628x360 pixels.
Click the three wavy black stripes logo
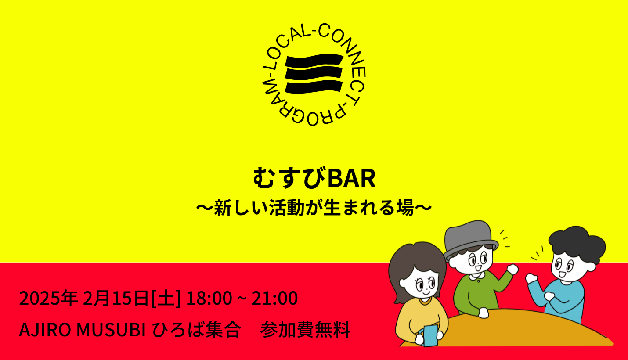314,74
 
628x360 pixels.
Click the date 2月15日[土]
132,299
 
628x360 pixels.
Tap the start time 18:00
209,299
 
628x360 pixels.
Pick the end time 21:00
275,299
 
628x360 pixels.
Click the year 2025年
48,299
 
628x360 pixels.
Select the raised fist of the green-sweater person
512,269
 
